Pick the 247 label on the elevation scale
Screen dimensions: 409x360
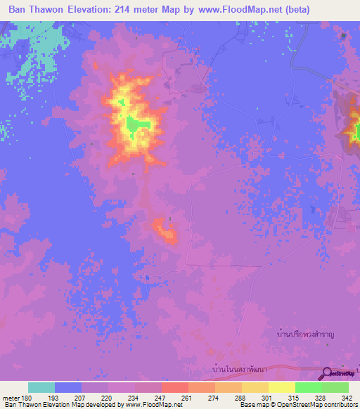pos(161,397)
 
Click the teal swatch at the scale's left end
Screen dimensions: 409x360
pos(41,387)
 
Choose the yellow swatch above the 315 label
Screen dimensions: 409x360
pos(282,387)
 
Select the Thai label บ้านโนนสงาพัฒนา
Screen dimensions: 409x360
pos(241,368)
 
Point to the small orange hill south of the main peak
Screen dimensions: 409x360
pos(167,230)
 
